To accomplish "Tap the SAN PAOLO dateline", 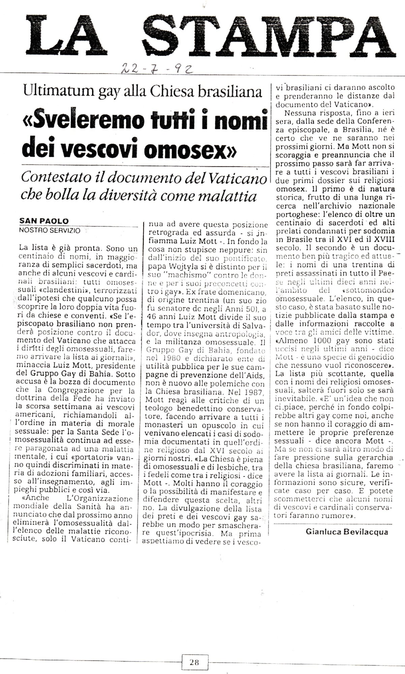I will pos(44,221).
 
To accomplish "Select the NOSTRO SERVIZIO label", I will pos(50,231).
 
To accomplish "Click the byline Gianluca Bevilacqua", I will pos(347,532).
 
